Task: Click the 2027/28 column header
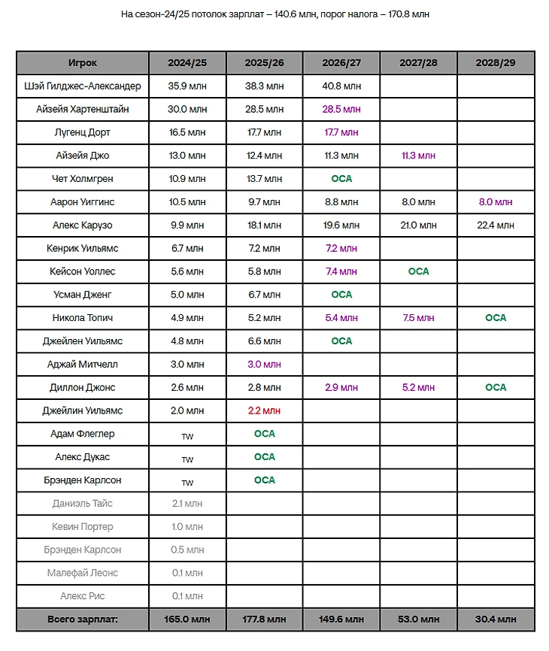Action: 418,63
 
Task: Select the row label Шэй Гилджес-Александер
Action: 83,86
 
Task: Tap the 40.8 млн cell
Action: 341,86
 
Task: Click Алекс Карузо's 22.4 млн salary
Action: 496,226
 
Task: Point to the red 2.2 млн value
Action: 265,411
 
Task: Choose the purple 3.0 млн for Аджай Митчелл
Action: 265,365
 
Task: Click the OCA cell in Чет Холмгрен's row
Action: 341,179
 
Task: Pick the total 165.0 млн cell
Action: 187,620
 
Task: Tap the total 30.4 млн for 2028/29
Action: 496,620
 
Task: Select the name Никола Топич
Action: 83,318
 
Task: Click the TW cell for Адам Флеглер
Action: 187,435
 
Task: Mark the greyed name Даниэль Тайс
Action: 83,504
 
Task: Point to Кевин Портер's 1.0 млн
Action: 187,527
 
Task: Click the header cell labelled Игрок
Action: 83,63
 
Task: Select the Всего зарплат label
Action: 83,620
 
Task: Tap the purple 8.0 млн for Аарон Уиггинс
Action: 496,202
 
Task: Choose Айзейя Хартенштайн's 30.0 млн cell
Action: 187,110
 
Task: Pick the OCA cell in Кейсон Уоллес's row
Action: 418,271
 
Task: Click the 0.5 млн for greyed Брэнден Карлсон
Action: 187,550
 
